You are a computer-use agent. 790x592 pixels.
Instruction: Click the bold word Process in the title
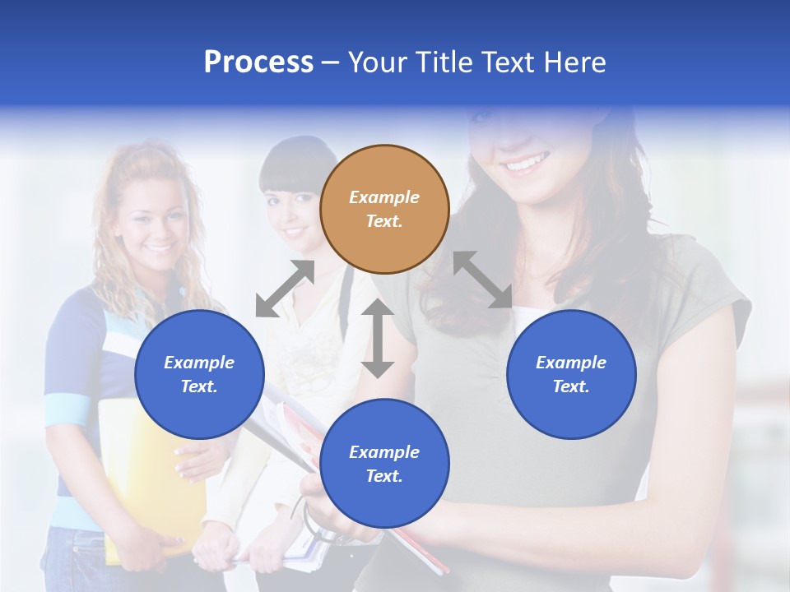[258, 62]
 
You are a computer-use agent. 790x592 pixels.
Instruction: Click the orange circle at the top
[384, 210]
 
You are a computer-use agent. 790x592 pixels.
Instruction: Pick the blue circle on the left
[199, 374]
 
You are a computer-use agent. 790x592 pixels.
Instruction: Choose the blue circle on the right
[571, 374]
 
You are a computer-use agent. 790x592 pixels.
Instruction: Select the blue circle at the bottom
[384, 464]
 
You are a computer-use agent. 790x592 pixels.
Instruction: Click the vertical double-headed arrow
[378, 338]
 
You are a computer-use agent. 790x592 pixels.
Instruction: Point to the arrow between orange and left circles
[285, 289]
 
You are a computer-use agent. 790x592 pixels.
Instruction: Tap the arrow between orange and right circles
[482, 280]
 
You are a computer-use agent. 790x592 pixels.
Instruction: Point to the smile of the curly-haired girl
[158, 246]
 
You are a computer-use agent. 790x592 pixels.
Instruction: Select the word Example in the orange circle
[384, 197]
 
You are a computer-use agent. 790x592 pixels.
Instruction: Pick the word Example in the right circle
[571, 363]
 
